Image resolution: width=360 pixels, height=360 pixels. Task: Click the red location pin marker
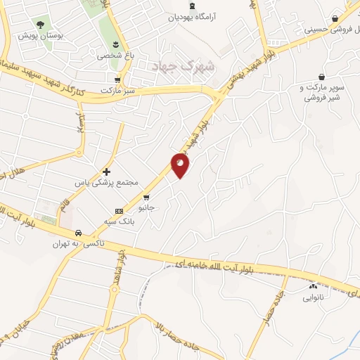(181, 165)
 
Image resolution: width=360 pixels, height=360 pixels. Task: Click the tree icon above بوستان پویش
(39, 24)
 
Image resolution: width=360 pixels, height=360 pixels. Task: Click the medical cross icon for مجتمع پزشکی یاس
(106, 171)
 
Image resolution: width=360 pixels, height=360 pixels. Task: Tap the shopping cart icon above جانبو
(146, 197)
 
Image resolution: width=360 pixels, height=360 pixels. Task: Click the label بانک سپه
(118, 221)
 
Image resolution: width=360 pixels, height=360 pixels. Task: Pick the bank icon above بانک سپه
(118, 210)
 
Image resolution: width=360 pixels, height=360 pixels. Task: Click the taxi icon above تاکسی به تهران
(79, 233)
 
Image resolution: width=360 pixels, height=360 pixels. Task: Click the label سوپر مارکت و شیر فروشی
(323, 94)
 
